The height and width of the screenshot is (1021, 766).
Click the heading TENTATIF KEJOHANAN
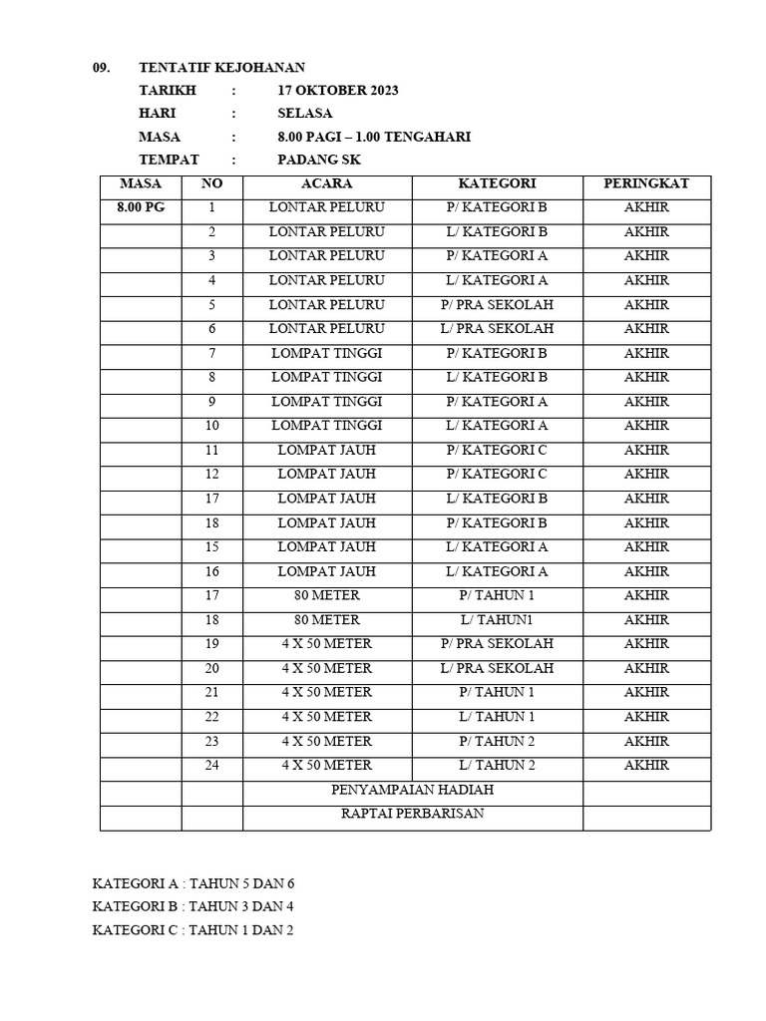coord(221,67)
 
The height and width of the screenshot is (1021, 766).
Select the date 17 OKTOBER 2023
coord(338,91)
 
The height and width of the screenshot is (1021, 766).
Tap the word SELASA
coord(305,114)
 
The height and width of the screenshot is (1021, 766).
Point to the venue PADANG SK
coord(319,160)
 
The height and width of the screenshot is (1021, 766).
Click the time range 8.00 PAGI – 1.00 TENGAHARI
coord(374,137)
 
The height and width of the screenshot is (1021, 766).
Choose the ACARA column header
coord(326,183)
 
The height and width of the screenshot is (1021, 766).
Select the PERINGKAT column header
coord(645,183)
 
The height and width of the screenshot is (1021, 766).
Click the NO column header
coord(211,183)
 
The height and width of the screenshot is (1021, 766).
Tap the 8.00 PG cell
coord(140,207)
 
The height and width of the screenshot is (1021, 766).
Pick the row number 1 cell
coord(211,207)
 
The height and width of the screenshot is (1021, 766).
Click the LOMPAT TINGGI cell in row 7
coord(326,353)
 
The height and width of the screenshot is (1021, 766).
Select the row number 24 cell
coord(211,765)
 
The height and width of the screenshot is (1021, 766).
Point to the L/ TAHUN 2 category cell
coord(497,765)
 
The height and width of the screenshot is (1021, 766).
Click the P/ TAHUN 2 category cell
coord(497,741)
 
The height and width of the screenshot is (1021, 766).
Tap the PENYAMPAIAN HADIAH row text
coord(412,790)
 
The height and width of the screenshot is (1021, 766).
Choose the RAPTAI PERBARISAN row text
coord(412,814)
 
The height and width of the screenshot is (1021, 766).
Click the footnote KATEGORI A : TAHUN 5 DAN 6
coord(193,883)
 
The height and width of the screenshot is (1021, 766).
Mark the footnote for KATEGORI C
coord(192,930)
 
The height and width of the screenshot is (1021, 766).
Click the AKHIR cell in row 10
coord(645,426)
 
